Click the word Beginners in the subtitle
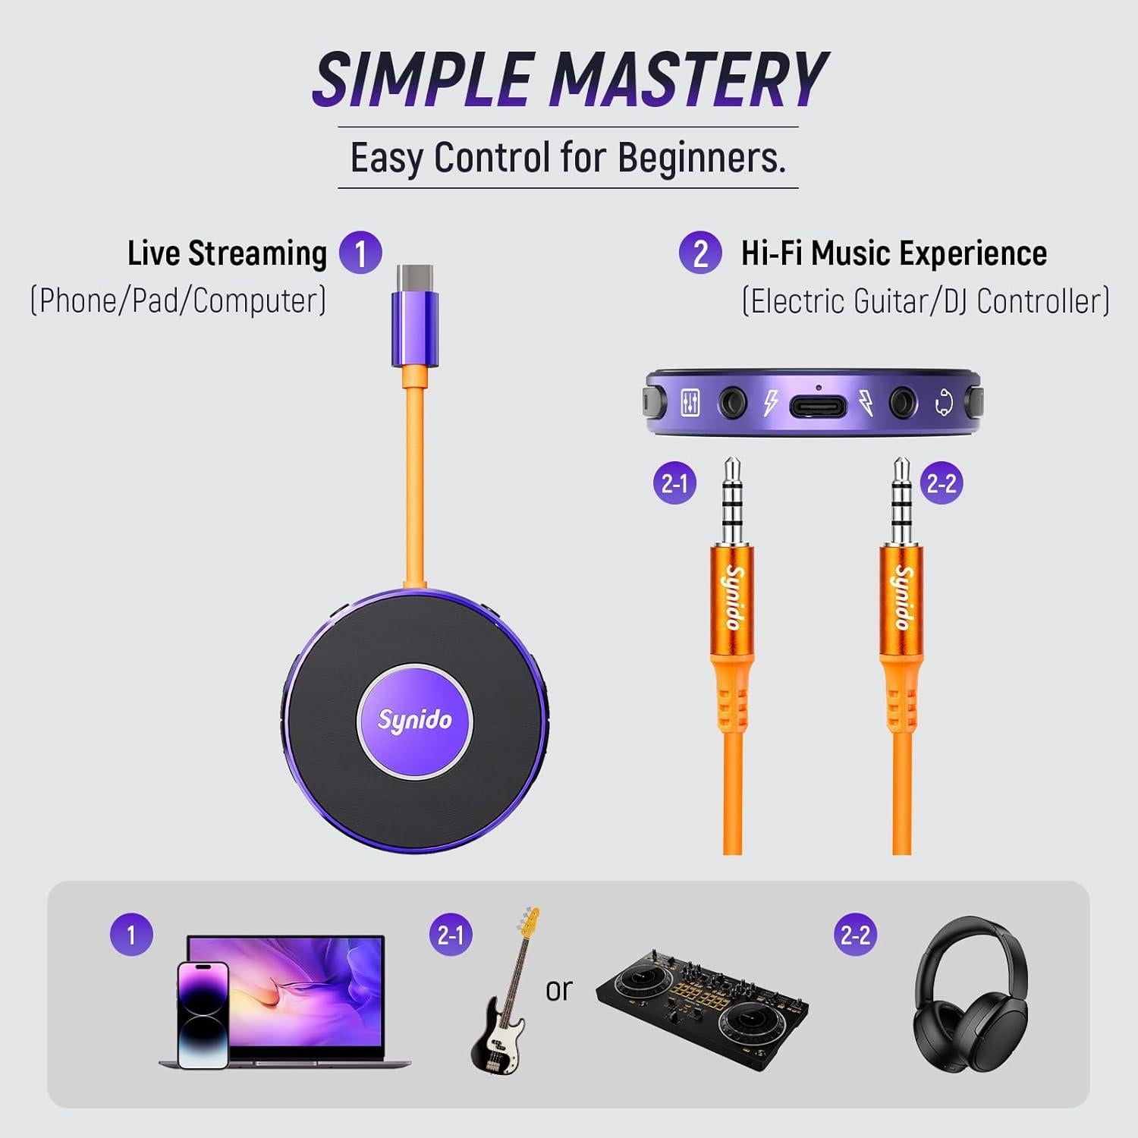tap(701, 158)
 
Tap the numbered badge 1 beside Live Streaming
tap(360, 253)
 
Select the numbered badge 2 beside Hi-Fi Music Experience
tap(699, 253)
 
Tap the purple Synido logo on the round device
tap(414, 720)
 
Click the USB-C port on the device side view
tap(817, 406)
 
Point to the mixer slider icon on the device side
tap(690, 403)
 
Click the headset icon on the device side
tap(943, 403)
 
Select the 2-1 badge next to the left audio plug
tap(674, 483)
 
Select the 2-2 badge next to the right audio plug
tap(942, 483)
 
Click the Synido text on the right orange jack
tap(902, 597)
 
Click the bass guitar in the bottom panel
tap(503, 994)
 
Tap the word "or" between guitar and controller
tap(559, 989)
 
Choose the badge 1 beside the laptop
tap(131, 934)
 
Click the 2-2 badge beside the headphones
tap(856, 934)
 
